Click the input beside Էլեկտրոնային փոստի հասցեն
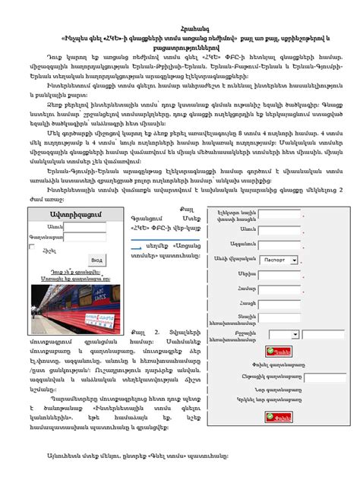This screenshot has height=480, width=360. coord(279,214)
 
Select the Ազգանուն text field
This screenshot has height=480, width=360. coord(279,243)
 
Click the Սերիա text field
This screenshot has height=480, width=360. coord(279,273)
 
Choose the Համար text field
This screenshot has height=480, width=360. coord(279,288)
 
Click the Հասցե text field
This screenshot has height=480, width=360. coord(279,302)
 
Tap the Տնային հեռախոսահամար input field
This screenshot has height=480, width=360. coord(279,318)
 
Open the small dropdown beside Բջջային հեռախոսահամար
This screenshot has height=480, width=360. coord(283,334)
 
